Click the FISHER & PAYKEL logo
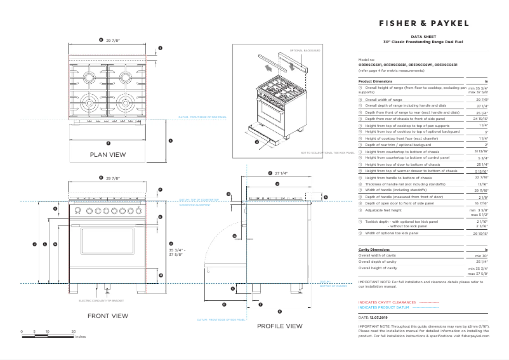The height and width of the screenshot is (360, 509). [x=425, y=23]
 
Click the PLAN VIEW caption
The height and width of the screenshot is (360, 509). [x=107, y=154]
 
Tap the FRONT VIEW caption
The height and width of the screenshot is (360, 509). [x=107, y=316]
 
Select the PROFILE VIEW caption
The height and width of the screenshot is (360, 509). [x=279, y=326]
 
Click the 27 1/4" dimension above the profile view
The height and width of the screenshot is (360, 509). [x=281, y=173]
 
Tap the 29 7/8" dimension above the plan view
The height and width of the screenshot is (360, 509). [x=113, y=39]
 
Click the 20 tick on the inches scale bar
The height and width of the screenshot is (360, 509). [x=74, y=331]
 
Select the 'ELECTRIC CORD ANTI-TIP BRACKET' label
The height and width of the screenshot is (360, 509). [x=101, y=300]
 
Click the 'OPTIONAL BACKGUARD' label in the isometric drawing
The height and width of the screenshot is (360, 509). [x=305, y=50]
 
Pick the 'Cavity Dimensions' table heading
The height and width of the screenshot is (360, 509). [x=374, y=250]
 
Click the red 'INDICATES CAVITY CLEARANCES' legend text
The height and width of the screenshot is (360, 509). [x=387, y=302]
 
